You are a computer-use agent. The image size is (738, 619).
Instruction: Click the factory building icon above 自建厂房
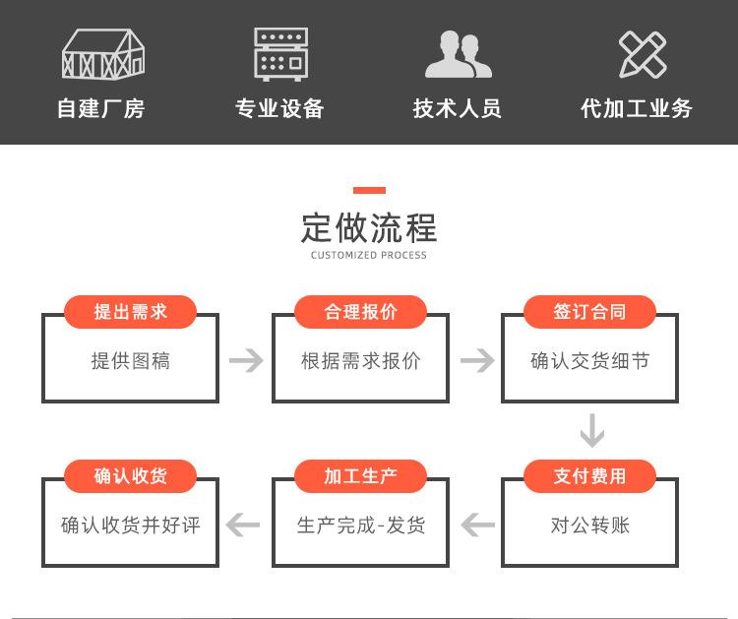(x=103, y=54)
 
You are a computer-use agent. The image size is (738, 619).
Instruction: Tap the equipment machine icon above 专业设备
(x=281, y=54)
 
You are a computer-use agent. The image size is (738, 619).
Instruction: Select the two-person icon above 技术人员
(x=458, y=54)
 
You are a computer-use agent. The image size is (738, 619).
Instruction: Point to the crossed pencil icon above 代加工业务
(x=643, y=54)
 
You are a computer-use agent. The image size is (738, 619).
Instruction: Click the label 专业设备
(x=279, y=108)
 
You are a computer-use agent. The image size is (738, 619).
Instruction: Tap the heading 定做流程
(x=369, y=228)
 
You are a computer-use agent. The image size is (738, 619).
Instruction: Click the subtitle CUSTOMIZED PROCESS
(x=369, y=255)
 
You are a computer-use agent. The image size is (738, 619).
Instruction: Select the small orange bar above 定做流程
(x=369, y=190)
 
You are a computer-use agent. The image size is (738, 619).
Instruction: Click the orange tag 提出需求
(x=130, y=312)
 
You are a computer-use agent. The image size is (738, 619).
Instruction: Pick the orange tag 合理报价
(x=360, y=312)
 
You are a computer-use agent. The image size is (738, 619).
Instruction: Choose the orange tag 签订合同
(x=589, y=312)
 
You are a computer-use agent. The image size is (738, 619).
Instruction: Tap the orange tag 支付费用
(x=589, y=476)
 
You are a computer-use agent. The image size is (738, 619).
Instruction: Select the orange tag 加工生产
(x=360, y=476)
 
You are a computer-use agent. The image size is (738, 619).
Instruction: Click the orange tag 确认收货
(x=130, y=476)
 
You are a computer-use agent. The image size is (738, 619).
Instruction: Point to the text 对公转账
(x=590, y=525)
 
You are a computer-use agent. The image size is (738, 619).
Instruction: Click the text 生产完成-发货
(x=361, y=525)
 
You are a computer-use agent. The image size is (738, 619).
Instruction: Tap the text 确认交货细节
(x=590, y=361)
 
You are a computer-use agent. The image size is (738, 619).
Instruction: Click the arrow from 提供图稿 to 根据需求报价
(x=246, y=360)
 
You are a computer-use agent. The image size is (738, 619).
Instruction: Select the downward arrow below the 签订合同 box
(x=592, y=431)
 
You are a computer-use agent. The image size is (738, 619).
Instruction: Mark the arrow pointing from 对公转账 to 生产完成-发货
(x=477, y=525)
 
